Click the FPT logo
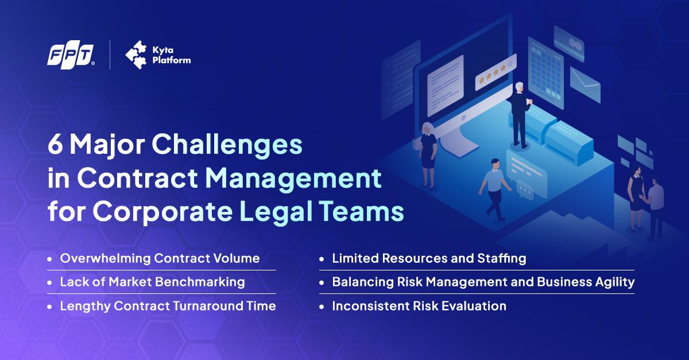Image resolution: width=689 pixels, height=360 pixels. pyautogui.click(x=71, y=57)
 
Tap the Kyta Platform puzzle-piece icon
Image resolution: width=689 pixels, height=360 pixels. pyautogui.click(x=136, y=55)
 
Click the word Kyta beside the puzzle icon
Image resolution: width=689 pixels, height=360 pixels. pyautogui.click(x=162, y=50)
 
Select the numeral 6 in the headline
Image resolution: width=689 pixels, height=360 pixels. pyautogui.click(x=55, y=145)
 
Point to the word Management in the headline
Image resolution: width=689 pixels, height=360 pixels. pyautogui.click(x=293, y=179)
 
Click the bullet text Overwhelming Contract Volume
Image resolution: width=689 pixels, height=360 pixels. pyautogui.click(x=160, y=258)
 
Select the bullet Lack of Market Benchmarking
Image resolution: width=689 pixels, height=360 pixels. pyautogui.click(x=153, y=282)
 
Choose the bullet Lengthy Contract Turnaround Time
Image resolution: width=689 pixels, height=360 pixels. pyautogui.click(x=168, y=306)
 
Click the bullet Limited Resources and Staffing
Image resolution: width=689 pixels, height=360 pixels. pyautogui.click(x=429, y=258)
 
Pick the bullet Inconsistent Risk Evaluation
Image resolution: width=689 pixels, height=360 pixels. pyautogui.click(x=419, y=306)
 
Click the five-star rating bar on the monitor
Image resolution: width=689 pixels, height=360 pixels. pyautogui.click(x=496, y=72)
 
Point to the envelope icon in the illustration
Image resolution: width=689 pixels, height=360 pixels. pyautogui.click(x=585, y=85)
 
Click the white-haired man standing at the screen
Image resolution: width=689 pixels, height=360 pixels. pyautogui.click(x=520, y=114)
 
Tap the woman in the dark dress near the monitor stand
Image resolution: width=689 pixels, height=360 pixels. pyautogui.click(x=428, y=156)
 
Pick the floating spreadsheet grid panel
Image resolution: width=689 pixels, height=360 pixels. pyautogui.click(x=546, y=72)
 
